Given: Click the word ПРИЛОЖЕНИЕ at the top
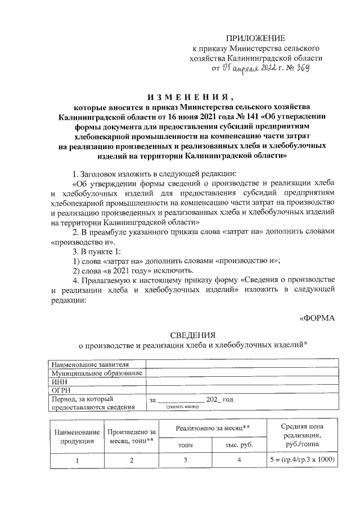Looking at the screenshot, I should tap(255, 38).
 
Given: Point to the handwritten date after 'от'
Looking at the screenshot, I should tap(245, 69).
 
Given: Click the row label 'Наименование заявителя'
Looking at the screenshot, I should tap(94, 364).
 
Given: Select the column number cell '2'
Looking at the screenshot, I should tap(132, 460).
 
